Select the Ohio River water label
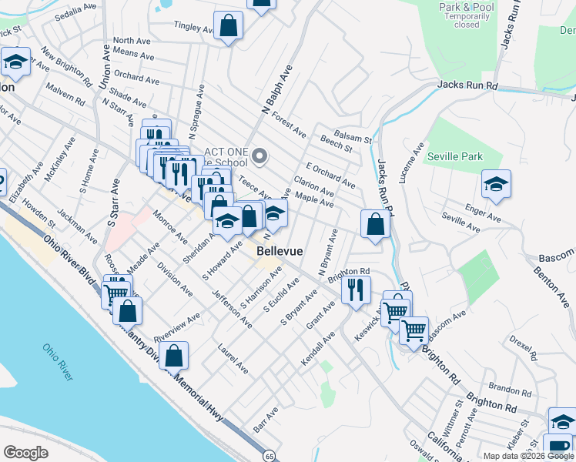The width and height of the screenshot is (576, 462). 59,363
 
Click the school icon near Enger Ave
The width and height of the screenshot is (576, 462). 496,184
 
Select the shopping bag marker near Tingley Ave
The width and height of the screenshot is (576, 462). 229,26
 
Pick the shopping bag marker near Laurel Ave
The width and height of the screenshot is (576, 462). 174,356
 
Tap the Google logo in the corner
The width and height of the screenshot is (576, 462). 26,453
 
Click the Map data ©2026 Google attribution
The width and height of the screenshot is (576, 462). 529,456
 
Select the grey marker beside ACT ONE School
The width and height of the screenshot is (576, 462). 260,157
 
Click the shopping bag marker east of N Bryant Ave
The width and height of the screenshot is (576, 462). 375,224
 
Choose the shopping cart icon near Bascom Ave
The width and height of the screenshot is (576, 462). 414,330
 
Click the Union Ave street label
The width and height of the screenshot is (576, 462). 104,67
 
